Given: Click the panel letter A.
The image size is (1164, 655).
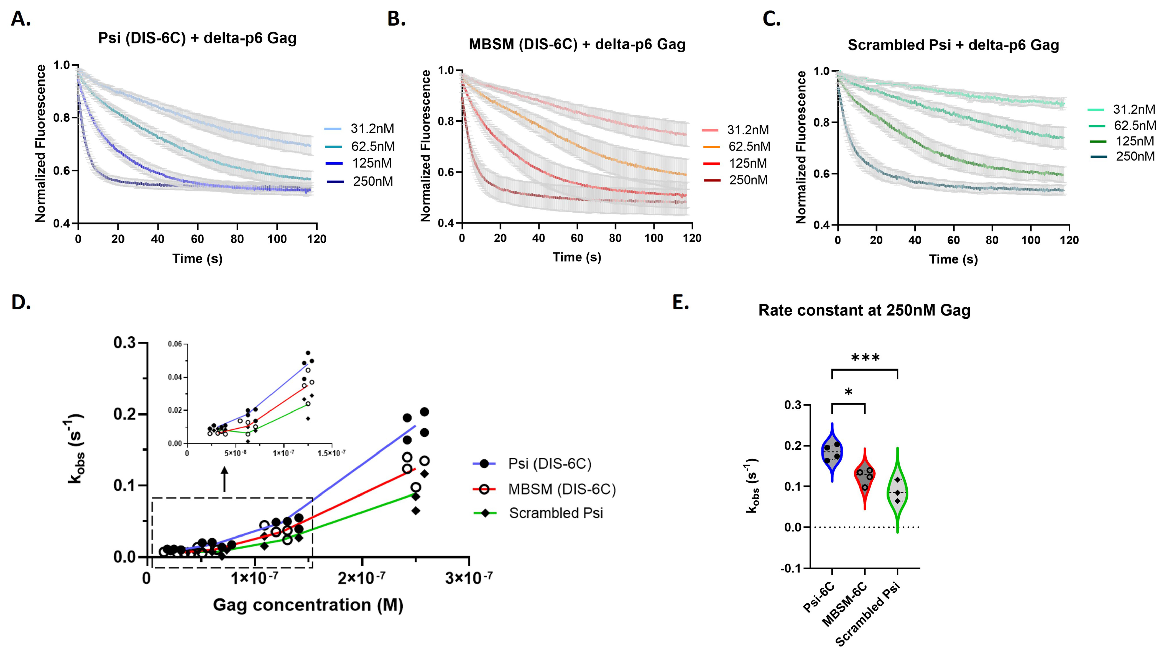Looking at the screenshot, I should [x=20, y=19].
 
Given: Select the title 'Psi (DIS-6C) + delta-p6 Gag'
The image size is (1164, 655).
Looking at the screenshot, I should [x=197, y=38].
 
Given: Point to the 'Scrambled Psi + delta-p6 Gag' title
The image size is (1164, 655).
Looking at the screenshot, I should [x=953, y=45].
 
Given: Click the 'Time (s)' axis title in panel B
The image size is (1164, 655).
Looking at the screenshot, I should [x=576, y=257].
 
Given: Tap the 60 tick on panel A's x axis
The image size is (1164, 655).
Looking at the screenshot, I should [x=197, y=239].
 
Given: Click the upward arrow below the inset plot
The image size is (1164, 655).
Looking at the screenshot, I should [x=224, y=479].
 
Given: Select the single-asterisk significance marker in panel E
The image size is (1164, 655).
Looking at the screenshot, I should [x=848, y=392].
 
